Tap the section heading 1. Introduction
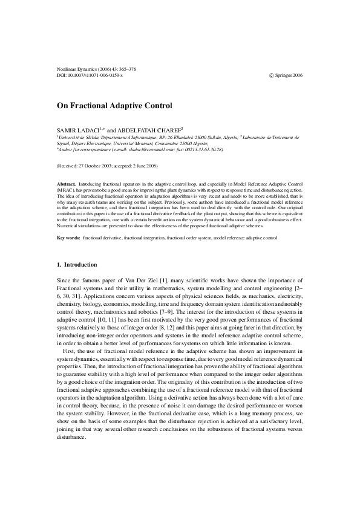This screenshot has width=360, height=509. click(x=76, y=265)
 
